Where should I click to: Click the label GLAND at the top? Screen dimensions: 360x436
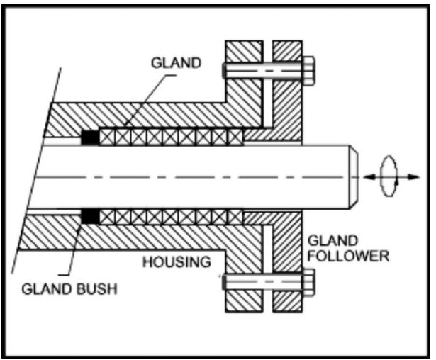pyautogui.click(x=176, y=63)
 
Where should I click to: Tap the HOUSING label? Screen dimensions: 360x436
pyautogui.click(x=177, y=262)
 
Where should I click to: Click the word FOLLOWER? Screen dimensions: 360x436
pyautogui.click(x=348, y=256)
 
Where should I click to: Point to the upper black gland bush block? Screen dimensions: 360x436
pyautogui.click(x=90, y=137)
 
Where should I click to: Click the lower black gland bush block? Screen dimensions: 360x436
pyautogui.click(x=90, y=214)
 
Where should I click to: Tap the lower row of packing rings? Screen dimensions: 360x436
pyautogui.click(x=170, y=215)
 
